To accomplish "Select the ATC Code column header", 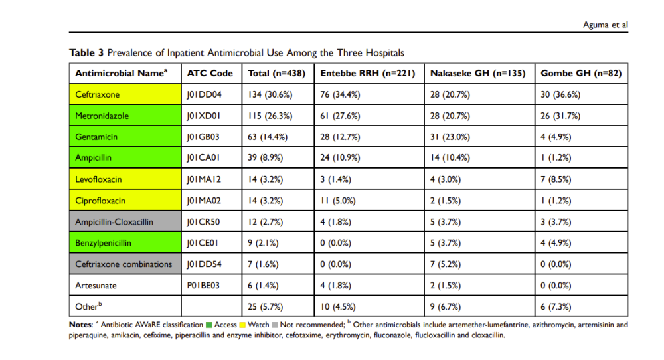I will click(210, 73).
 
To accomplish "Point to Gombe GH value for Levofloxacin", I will click(555, 179).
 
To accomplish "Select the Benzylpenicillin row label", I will click(105, 243).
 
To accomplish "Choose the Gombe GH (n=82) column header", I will click(581, 73).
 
